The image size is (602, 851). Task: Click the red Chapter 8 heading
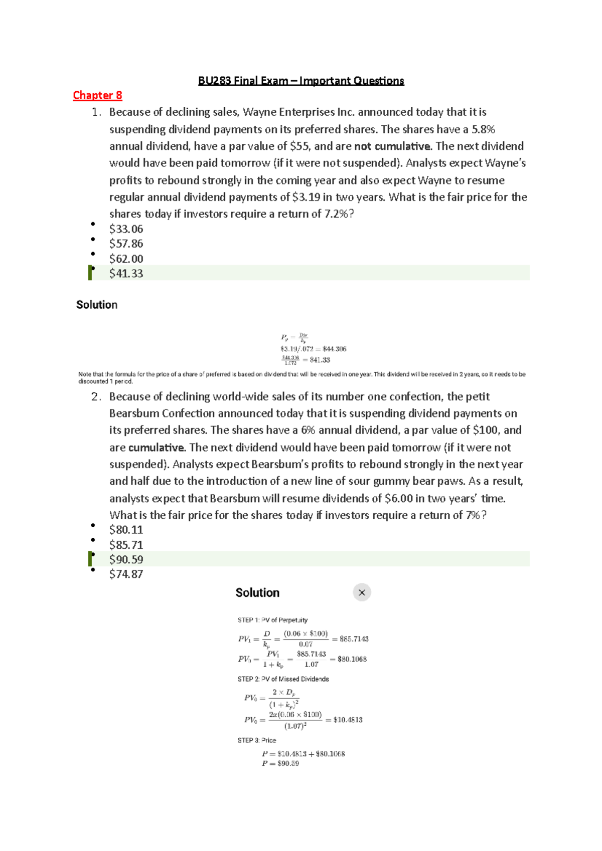click(x=97, y=95)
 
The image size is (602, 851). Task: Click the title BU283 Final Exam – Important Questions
click(x=301, y=81)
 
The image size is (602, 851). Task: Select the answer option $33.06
click(x=126, y=229)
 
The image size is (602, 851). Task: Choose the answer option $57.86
click(x=126, y=244)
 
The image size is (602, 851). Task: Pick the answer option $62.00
click(x=126, y=259)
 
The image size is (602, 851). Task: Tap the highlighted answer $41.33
click(x=126, y=273)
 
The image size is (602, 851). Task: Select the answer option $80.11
click(x=126, y=530)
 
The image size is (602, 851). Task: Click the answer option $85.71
click(x=126, y=545)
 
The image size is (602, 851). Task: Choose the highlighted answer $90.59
click(x=126, y=559)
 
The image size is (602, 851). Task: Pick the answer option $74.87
click(x=126, y=574)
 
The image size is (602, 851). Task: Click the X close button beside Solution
click(x=362, y=592)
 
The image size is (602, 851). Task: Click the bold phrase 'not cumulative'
click(x=393, y=146)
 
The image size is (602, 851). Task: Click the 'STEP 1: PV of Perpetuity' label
click(x=272, y=620)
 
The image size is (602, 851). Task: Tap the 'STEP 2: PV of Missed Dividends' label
click(x=283, y=679)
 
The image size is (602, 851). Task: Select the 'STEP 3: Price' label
click(x=257, y=740)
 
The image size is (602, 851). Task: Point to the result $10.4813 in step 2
click(x=348, y=720)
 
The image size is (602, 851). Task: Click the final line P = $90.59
click(x=280, y=764)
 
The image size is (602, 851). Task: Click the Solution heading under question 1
click(x=97, y=305)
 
